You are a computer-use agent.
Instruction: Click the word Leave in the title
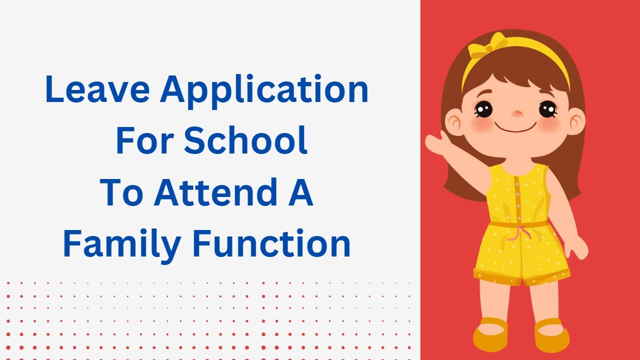98,89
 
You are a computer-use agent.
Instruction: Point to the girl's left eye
547,108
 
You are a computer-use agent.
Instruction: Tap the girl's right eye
483,108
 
